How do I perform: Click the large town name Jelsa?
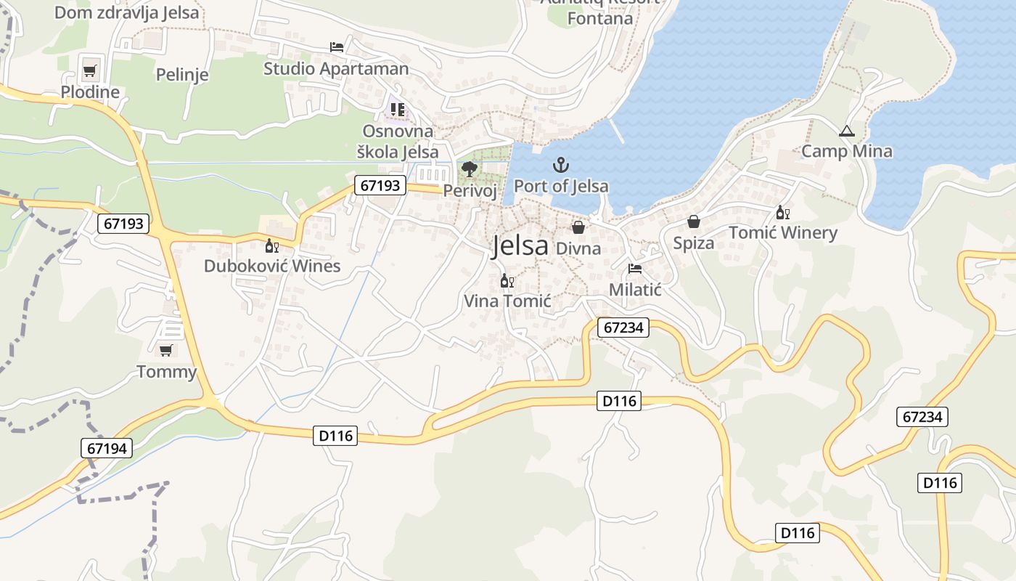click(520, 246)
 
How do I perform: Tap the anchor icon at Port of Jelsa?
click(561, 165)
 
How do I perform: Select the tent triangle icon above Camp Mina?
click(846, 131)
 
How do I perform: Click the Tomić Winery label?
click(783, 233)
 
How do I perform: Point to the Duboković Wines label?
click(271, 266)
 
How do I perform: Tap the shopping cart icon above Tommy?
click(166, 350)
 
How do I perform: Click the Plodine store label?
click(90, 92)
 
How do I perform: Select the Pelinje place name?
click(182, 74)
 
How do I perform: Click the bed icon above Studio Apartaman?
click(337, 47)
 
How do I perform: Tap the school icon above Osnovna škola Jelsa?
click(397, 110)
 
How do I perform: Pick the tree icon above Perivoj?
click(470, 170)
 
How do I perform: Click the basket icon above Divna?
click(578, 227)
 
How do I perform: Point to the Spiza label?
click(694, 243)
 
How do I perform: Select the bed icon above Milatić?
click(635, 269)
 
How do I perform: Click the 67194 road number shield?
click(107, 449)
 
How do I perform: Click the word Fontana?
click(599, 19)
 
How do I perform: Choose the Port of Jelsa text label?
click(561, 186)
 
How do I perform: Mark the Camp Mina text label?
click(846, 152)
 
